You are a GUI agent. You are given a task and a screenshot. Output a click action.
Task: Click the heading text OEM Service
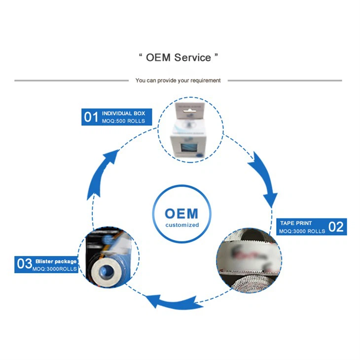pos(178,58)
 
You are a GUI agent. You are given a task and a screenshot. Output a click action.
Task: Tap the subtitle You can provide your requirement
pos(178,80)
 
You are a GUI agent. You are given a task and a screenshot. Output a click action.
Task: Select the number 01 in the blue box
pos(91,117)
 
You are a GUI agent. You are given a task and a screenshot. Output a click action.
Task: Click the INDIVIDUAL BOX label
pos(123,113)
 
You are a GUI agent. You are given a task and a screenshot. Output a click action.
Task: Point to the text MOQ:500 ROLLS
pos(123,121)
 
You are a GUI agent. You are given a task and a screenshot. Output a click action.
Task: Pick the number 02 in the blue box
pos(336,227)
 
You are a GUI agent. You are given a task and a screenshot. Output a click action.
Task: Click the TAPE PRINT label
pos(296,223)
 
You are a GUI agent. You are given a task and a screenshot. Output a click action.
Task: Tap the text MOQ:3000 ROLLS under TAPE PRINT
pos(302,231)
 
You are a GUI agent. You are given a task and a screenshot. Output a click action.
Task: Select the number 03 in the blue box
pos(25,264)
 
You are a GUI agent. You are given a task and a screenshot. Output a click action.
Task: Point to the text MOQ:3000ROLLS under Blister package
pos(55,268)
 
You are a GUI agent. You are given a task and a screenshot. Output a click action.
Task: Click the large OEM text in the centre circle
pos(181,214)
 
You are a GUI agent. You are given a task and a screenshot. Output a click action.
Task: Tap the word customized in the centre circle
pos(182,225)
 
